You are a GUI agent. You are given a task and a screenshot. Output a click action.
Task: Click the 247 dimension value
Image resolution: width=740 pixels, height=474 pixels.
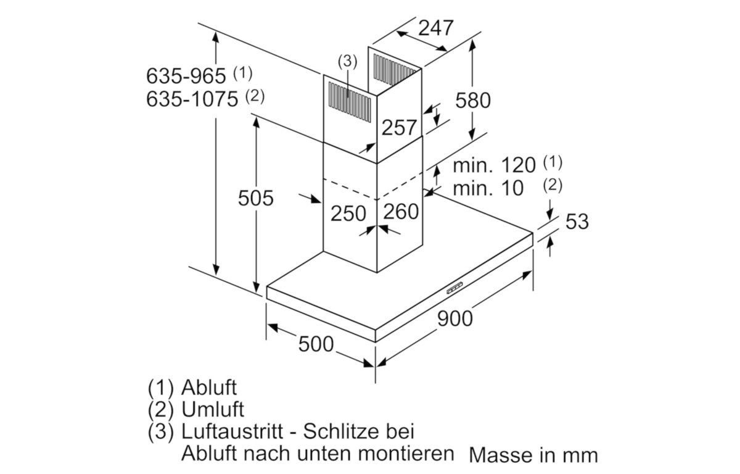436,28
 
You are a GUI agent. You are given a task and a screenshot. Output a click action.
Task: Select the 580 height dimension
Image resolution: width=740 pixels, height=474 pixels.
473,101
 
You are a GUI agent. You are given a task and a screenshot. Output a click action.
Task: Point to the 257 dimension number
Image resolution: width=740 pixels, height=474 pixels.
399,128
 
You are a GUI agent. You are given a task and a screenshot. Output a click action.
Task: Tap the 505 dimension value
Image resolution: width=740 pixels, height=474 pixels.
256,198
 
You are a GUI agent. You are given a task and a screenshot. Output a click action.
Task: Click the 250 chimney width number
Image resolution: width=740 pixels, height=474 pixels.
348,213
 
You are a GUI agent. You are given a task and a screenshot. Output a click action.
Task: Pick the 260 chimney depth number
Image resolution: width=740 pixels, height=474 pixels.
401,212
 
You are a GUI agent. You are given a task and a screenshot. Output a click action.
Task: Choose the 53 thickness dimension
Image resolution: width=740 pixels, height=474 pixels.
577,221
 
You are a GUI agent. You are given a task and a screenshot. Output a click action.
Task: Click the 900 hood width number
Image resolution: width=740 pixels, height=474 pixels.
455,318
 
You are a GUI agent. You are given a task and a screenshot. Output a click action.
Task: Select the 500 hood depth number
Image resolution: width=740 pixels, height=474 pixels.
316,344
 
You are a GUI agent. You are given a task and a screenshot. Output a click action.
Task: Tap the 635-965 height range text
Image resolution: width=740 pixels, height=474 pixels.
186,76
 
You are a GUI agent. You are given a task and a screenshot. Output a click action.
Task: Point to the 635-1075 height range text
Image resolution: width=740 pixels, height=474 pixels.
192,99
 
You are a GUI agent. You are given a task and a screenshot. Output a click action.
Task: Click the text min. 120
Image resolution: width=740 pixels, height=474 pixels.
494,165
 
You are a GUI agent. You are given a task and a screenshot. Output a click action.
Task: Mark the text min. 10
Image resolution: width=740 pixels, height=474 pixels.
488,188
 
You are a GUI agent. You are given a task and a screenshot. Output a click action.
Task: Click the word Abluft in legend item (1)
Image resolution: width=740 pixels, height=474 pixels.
209,387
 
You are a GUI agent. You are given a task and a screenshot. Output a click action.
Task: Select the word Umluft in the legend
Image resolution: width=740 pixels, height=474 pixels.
212,409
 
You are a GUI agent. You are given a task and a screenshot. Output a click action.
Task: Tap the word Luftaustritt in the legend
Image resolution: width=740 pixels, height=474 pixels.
232,431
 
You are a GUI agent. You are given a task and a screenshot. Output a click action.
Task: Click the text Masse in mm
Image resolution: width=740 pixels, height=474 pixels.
533,455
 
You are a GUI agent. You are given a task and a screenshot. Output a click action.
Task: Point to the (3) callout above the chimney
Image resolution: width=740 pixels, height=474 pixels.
348,62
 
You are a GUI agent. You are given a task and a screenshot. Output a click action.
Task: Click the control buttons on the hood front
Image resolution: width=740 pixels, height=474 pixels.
455,288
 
